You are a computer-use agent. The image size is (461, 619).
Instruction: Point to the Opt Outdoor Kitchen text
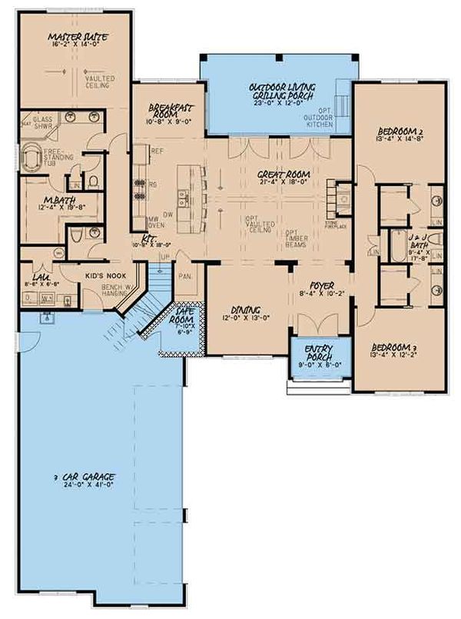click(320, 118)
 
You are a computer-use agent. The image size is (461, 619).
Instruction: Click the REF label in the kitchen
click(160, 151)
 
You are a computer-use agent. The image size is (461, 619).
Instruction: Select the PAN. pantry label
click(184, 275)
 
